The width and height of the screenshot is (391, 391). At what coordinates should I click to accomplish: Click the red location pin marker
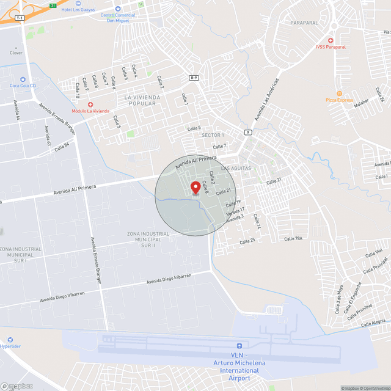195,188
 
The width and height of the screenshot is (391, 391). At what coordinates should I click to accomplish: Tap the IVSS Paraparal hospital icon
332,40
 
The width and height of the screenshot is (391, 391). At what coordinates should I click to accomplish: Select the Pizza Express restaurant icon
331,93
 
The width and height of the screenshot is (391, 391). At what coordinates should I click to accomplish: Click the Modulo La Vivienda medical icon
90,104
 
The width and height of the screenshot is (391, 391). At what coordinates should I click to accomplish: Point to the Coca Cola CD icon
22,79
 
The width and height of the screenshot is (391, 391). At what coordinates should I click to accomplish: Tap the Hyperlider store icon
10,339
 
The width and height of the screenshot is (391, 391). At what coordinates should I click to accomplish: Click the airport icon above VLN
239,346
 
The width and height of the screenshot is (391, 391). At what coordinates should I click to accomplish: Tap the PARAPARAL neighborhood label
304,23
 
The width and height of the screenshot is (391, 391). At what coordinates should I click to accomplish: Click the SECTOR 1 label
213,134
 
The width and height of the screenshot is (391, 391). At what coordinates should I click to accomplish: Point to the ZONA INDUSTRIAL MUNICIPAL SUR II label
148,239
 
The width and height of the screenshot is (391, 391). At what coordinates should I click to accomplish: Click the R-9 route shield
194,78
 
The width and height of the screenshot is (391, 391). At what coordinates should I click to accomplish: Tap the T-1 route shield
20,18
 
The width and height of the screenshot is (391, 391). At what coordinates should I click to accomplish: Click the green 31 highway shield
53,5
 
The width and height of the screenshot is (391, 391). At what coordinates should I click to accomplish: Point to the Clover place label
16,53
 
